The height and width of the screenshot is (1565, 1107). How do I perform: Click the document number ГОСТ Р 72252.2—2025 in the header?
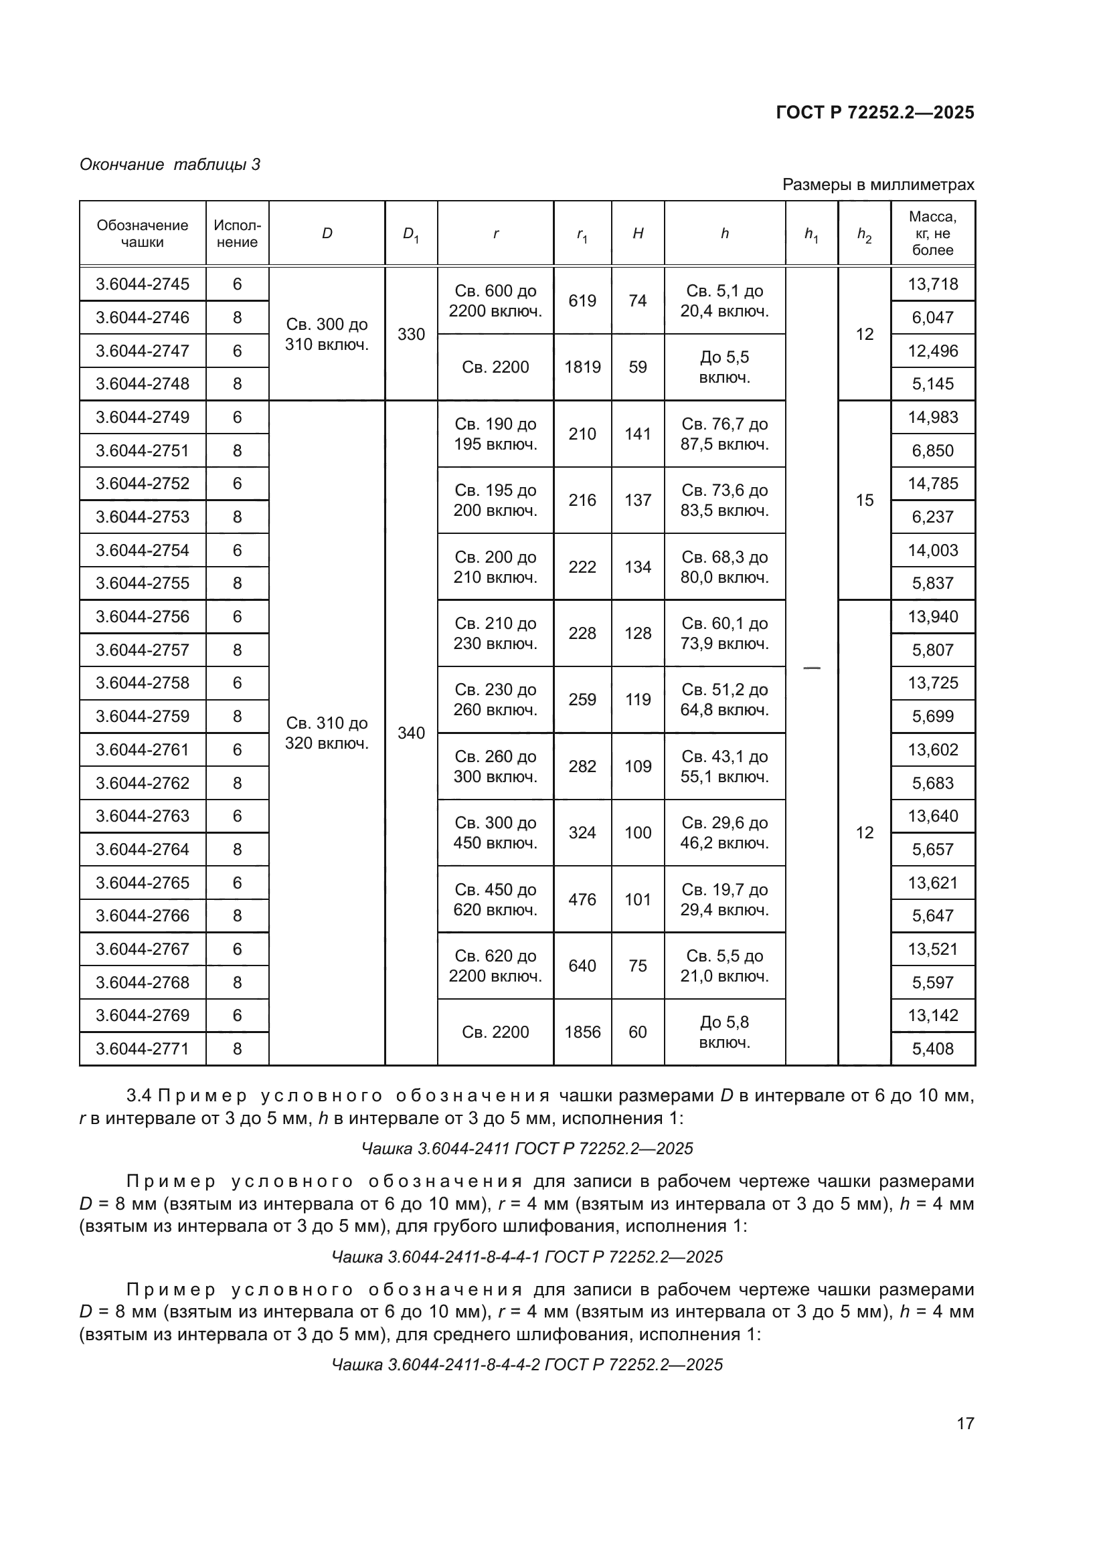pyautogui.click(x=875, y=112)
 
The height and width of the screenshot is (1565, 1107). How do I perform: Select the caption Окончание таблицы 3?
pyautogui.click(x=170, y=165)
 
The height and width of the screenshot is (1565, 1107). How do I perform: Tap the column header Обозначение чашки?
pyautogui.click(x=143, y=233)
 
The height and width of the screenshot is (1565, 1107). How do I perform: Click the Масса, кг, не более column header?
pyautogui.click(x=932, y=233)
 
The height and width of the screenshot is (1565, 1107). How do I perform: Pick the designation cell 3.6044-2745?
pyautogui.click(x=143, y=284)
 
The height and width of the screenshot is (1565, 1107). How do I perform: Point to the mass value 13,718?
pyautogui.click(x=932, y=284)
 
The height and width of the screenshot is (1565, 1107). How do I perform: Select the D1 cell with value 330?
pyautogui.click(x=411, y=334)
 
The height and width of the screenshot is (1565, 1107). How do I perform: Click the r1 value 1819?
pyautogui.click(x=582, y=367)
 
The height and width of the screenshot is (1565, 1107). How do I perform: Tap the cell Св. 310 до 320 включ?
pyautogui.click(x=327, y=733)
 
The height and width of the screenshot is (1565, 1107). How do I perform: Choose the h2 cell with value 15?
pyautogui.click(x=863, y=500)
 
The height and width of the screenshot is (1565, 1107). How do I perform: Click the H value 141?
pyautogui.click(x=637, y=434)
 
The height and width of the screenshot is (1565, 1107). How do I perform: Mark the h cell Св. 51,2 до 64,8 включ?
pyautogui.click(x=724, y=699)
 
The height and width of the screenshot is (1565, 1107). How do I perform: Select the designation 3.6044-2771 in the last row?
pyautogui.click(x=143, y=1049)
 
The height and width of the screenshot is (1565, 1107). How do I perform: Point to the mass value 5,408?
pyautogui.click(x=932, y=1049)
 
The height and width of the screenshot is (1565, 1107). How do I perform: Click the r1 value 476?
pyautogui.click(x=582, y=899)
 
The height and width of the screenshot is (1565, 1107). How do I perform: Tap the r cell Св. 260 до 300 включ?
pyautogui.click(x=495, y=766)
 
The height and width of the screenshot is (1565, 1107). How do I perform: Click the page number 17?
pyautogui.click(x=965, y=1423)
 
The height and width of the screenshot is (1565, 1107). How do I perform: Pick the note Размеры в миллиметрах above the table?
pyautogui.click(x=877, y=185)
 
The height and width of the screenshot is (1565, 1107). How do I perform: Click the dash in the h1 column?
pyautogui.click(x=811, y=667)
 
